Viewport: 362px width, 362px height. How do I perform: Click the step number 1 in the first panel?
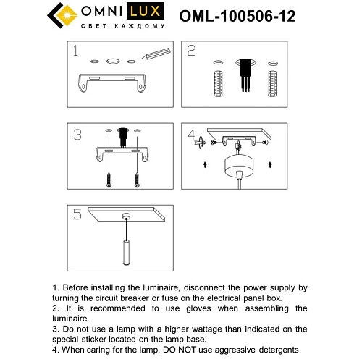pos(75,51)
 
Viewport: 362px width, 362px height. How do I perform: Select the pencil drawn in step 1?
pos(156,54)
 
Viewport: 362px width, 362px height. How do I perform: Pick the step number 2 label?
pos(192,51)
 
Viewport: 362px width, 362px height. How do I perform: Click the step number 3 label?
pos(77,135)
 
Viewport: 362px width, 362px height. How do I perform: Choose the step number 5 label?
pos(77,214)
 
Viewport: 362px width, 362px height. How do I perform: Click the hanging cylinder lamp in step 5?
pos(125,251)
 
